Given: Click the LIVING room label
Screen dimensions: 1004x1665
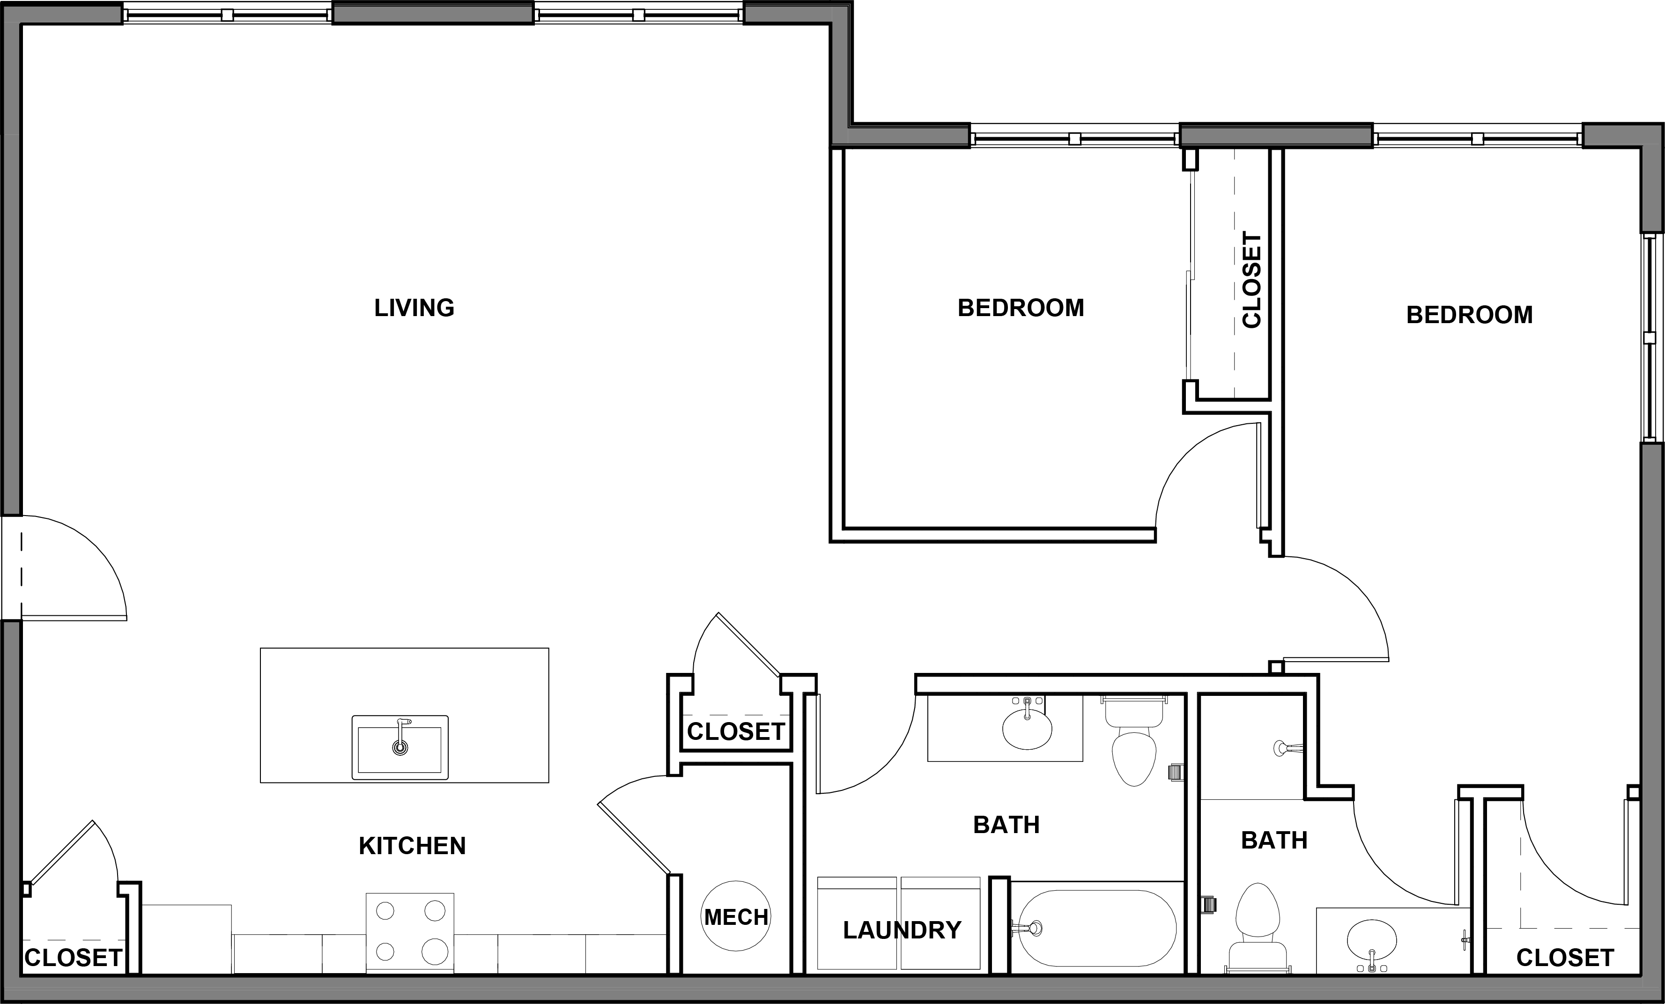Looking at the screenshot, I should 414,308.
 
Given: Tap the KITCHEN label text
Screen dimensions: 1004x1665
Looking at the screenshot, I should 412,846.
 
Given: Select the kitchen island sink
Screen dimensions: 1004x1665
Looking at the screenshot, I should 400,747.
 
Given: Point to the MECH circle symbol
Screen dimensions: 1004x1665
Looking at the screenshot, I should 736,916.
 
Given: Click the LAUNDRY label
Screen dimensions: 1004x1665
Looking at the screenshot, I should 902,930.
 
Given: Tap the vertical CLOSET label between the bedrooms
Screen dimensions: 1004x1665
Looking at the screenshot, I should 1251,281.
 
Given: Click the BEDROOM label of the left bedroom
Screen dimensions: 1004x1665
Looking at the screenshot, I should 1021,308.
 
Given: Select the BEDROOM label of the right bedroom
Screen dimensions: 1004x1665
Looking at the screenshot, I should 1469,315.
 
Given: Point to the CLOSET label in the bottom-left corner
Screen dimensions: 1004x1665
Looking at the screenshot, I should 73,957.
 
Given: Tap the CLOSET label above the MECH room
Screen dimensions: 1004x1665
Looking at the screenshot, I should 735,732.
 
